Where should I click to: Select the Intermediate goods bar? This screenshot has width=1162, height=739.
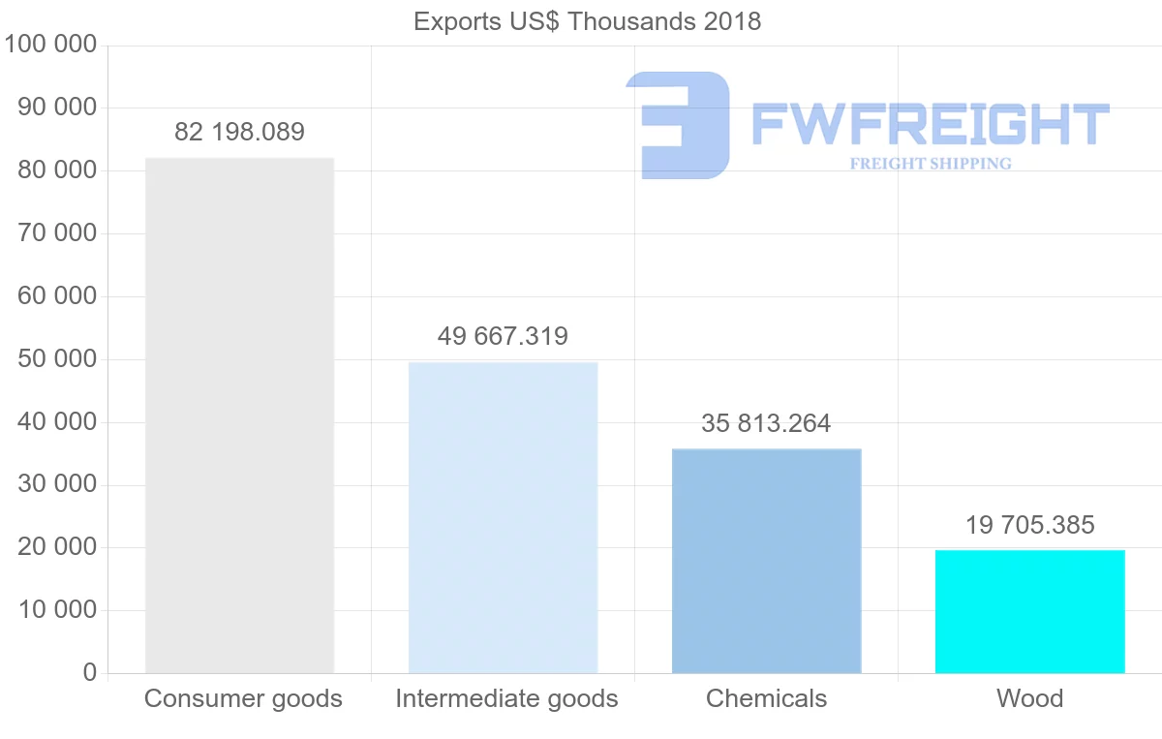pyautogui.click(x=503, y=517)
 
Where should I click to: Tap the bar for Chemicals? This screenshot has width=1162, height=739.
pyautogui.click(x=766, y=561)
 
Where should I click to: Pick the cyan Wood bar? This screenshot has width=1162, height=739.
pyautogui.click(x=1029, y=611)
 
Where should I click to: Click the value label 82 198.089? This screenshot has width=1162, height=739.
pyautogui.click(x=239, y=132)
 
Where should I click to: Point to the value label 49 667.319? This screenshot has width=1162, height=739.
pyautogui.click(x=503, y=336)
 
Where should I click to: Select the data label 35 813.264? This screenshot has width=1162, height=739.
pyautogui.click(x=766, y=423)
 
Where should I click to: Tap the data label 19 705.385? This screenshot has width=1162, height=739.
pyautogui.click(x=1029, y=525)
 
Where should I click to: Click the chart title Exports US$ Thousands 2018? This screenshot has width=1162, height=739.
pyautogui.click(x=587, y=21)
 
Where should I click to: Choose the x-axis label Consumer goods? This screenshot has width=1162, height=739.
pyautogui.click(x=243, y=698)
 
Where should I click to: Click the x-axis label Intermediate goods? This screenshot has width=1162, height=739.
pyautogui.click(x=506, y=698)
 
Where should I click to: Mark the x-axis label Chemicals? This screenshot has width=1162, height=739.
pyautogui.click(x=766, y=698)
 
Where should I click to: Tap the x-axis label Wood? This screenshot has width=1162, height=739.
pyautogui.click(x=1029, y=698)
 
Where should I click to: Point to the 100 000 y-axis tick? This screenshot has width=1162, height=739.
pyautogui.click(x=49, y=45)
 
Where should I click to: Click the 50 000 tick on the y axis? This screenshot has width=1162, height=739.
pyautogui.click(x=57, y=359)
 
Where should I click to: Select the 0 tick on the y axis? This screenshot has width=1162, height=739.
pyautogui.click(x=90, y=673)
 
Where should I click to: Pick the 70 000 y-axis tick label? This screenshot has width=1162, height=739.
pyautogui.click(x=57, y=233)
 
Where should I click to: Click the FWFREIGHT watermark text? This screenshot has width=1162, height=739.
pyautogui.click(x=930, y=124)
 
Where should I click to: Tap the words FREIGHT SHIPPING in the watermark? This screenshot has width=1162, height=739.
pyautogui.click(x=931, y=164)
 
